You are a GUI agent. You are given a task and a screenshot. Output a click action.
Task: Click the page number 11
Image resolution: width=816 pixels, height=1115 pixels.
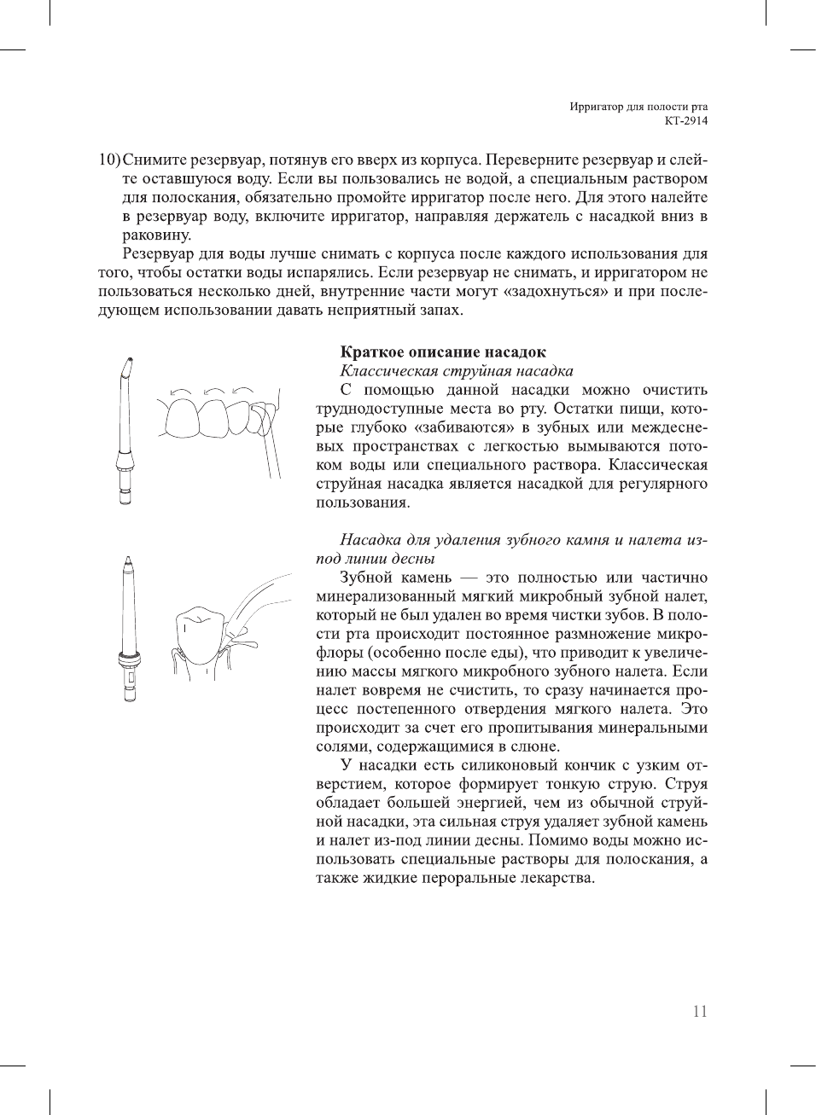pos(699,1011)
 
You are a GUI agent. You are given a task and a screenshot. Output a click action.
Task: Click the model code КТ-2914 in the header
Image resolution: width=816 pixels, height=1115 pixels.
pos(686,120)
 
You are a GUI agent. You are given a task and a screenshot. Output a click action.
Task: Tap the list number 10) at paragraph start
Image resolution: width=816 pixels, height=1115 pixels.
pos(109,160)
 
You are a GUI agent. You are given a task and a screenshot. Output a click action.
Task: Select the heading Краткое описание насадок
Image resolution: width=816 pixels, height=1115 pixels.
pos(443,351)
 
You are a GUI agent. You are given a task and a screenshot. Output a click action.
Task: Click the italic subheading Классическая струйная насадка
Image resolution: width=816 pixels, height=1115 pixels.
pos(456,370)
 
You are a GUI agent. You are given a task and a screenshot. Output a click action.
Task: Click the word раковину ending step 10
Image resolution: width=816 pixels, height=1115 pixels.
pos(156,235)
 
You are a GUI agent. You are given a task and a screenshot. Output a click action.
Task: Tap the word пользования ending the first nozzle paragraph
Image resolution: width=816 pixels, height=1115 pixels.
pos(363,502)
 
